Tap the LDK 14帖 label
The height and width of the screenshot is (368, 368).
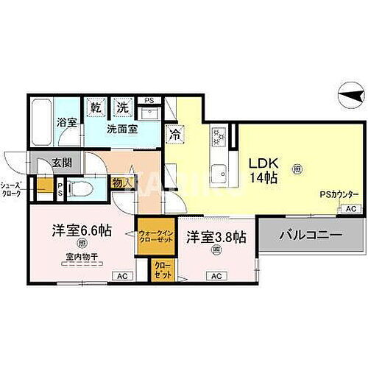263,169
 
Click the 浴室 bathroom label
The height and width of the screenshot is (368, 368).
66,122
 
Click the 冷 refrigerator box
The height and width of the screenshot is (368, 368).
175,135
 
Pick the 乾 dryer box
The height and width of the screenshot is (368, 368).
96,107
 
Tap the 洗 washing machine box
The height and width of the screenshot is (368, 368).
121,107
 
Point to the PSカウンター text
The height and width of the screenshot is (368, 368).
339,194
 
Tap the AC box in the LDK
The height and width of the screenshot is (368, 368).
350,209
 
